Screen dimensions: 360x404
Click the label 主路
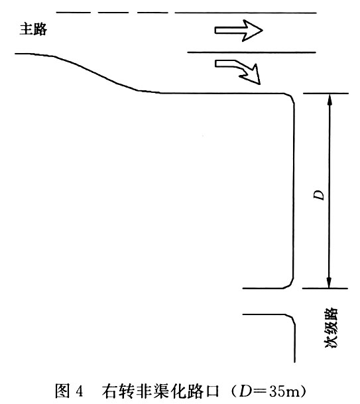click(33, 29)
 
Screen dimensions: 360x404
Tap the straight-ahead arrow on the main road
click(239, 31)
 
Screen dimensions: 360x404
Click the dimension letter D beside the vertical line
click(319, 195)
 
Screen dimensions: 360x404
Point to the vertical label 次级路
click(331, 328)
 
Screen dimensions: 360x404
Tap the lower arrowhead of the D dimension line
click(329, 283)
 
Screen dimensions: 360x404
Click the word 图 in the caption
click(62, 391)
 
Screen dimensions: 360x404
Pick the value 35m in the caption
click(285, 391)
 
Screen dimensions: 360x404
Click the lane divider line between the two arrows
click(251, 52)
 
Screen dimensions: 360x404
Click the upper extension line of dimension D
click(326, 94)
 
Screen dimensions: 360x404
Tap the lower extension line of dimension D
click(326, 289)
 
